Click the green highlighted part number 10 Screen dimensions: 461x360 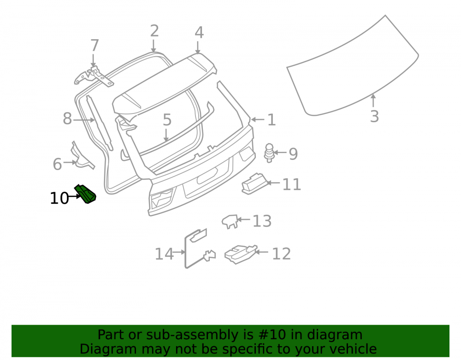86,194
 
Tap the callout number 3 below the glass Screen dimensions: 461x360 374,116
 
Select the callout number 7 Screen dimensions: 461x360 95,46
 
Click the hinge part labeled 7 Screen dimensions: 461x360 94,77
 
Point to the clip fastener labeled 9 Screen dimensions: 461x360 269,153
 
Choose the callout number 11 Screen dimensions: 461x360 291,184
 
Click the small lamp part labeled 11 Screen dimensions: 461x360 254,183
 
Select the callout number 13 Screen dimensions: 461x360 262,221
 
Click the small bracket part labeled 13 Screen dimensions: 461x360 230,221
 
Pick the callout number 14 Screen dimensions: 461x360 164,254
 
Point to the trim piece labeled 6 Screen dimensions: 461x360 82,157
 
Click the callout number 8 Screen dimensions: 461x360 67,118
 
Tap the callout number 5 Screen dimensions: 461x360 167,120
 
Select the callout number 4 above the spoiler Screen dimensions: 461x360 199,32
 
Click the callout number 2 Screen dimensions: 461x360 154,31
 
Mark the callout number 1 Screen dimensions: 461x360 271,120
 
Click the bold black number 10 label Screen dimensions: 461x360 59,198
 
